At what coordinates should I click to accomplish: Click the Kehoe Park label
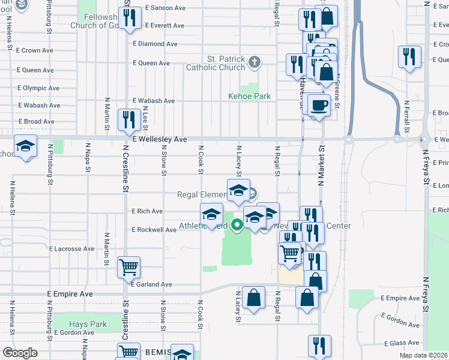click(249, 96)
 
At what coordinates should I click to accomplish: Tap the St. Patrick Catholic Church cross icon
click(255, 61)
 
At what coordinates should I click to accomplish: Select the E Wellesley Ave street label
click(160, 139)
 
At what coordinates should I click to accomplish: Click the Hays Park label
click(88, 324)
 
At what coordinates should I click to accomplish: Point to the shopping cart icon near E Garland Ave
click(129, 267)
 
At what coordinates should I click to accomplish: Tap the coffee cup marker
click(318, 105)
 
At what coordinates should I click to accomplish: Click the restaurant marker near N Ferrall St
click(409, 58)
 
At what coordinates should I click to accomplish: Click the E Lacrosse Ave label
click(72, 248)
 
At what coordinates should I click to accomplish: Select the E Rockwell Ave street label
click(154, 230)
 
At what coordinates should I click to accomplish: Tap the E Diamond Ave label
click(155, 44)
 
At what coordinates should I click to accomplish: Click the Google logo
click(20, 353)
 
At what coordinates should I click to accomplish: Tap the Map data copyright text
click(423, 355)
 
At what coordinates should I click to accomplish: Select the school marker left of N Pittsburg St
click(26, 146)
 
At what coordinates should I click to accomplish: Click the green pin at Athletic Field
click(237, 225)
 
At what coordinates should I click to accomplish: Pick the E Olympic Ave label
click(38, 88)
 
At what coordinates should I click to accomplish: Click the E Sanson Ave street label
click(165, 8)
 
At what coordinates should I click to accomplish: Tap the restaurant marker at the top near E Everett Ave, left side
click(129, 18)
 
